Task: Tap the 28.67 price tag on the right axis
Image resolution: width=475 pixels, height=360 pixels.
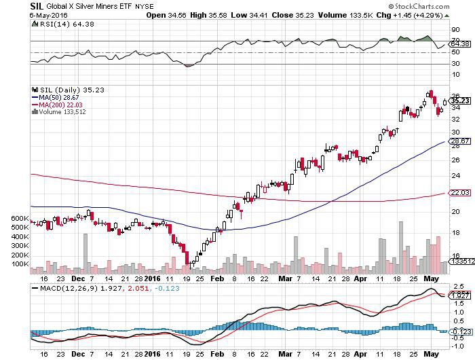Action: (460, 141)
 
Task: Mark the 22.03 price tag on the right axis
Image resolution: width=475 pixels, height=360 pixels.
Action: (460, 193)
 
